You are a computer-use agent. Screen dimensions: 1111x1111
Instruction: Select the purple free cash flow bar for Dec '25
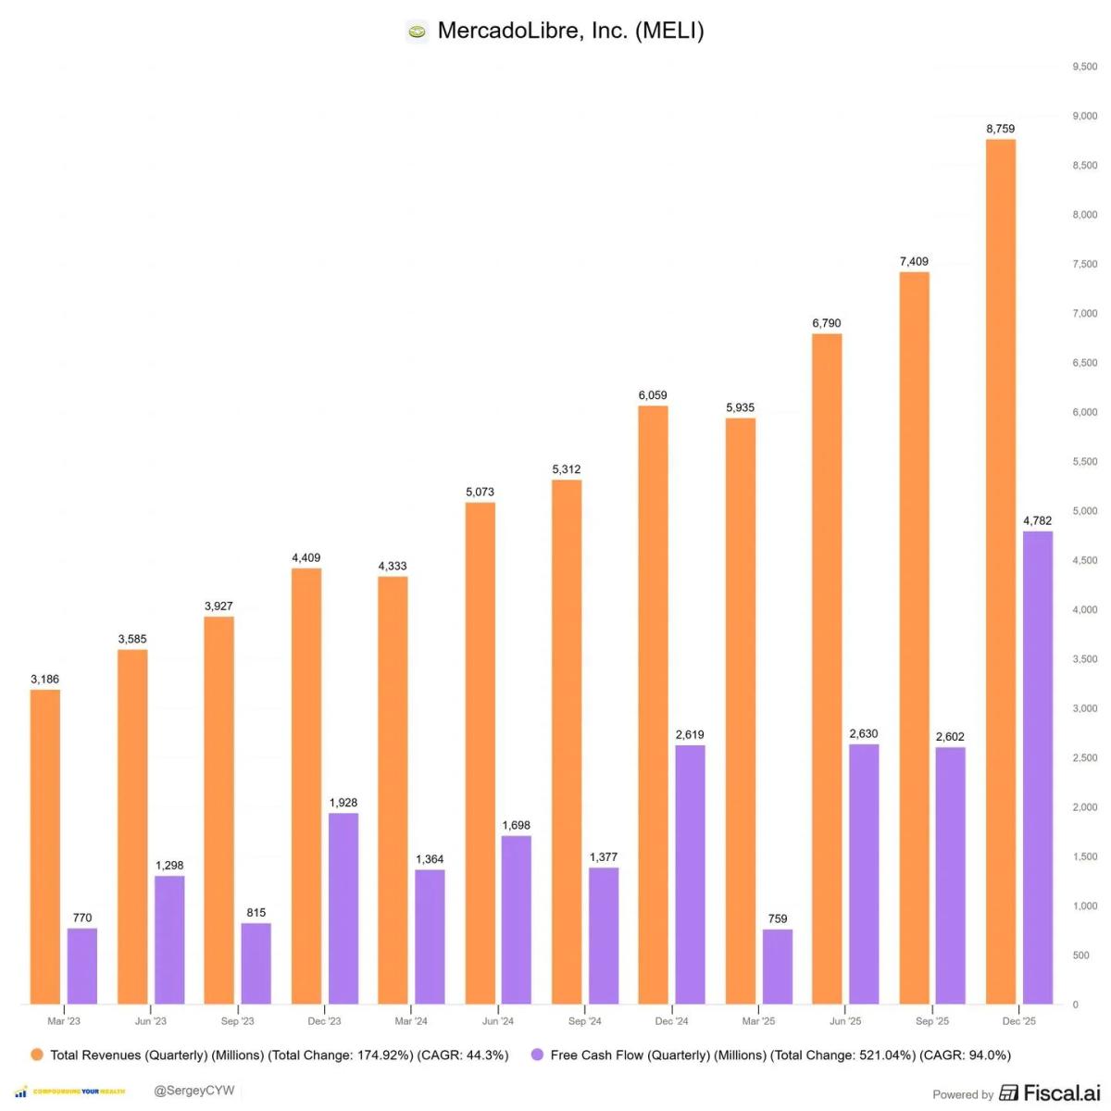(x=1038, y=768)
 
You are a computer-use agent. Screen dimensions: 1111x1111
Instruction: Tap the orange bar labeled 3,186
(x=45, y=846)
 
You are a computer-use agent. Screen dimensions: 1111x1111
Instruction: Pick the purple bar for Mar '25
(x=778, y=967)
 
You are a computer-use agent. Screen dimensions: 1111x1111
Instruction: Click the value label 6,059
(x=653, y=395)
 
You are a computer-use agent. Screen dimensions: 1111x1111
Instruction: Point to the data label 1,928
(x=343, y=803)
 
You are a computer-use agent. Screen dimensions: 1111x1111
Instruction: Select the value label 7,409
(x=914, y=262)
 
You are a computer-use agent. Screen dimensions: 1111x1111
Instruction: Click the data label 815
(x=256, y=913)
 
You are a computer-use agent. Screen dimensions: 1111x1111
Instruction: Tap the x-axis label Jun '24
(x=498, y=1021)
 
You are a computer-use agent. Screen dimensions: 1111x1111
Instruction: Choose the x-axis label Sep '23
(x=237, y=1021)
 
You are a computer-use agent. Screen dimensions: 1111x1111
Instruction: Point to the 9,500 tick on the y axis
(x=1084, y=67)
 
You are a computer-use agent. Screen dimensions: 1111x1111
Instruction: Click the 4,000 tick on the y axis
(x=1084, y=610)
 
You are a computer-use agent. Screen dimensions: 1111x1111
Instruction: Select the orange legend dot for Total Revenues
(x=37, y=1055)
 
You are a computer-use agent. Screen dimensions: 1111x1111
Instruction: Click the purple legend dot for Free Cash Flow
(x=537, y=1055)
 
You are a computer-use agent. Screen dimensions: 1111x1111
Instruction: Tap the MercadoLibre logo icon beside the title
(x=418, y=31)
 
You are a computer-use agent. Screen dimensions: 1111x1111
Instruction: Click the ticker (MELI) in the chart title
(x=668, y=31)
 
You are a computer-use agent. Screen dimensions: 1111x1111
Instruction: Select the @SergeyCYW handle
(x=193, y=1091)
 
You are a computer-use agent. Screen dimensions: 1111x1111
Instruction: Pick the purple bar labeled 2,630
(x=864, y=874)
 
